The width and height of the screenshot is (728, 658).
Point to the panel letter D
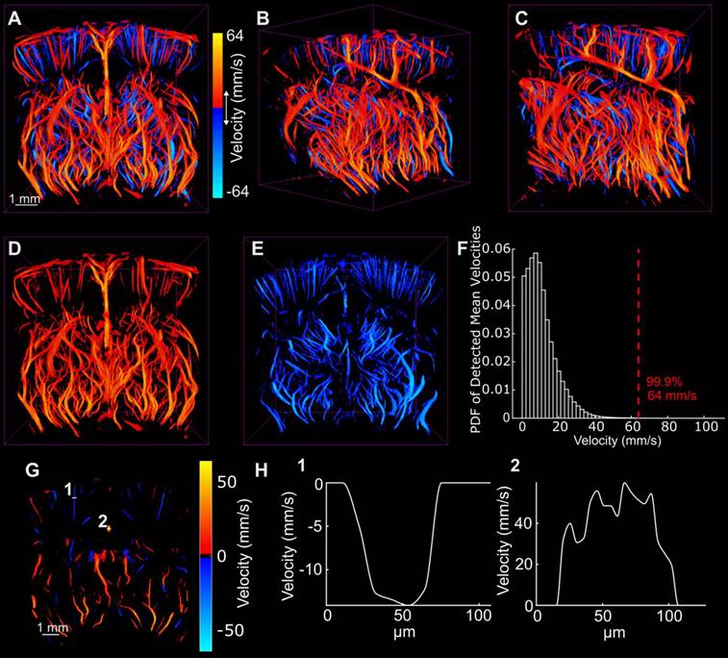[x=13, y=249]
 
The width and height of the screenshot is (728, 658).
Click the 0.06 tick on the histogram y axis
[x=496, y=248]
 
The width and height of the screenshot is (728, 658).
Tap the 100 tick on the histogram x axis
[x=707, y=426]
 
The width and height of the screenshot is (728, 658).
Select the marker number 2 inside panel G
[x=101, y=520]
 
